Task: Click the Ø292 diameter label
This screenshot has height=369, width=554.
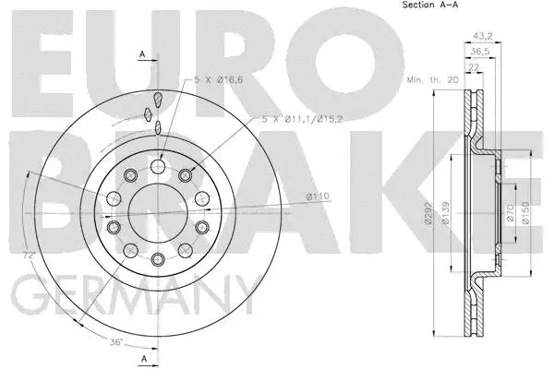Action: pyautogui.click(x=444, y=216)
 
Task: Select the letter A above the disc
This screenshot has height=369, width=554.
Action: pyautogui.click(x=143, y=54)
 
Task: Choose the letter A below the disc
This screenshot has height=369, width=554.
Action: pyautogui.click(x=143, y=357)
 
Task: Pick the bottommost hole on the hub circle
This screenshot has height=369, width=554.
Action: pyautogui.click(x=158, y=259)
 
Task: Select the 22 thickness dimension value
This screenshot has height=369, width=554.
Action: pyautogui.click(x=473, y=68)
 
